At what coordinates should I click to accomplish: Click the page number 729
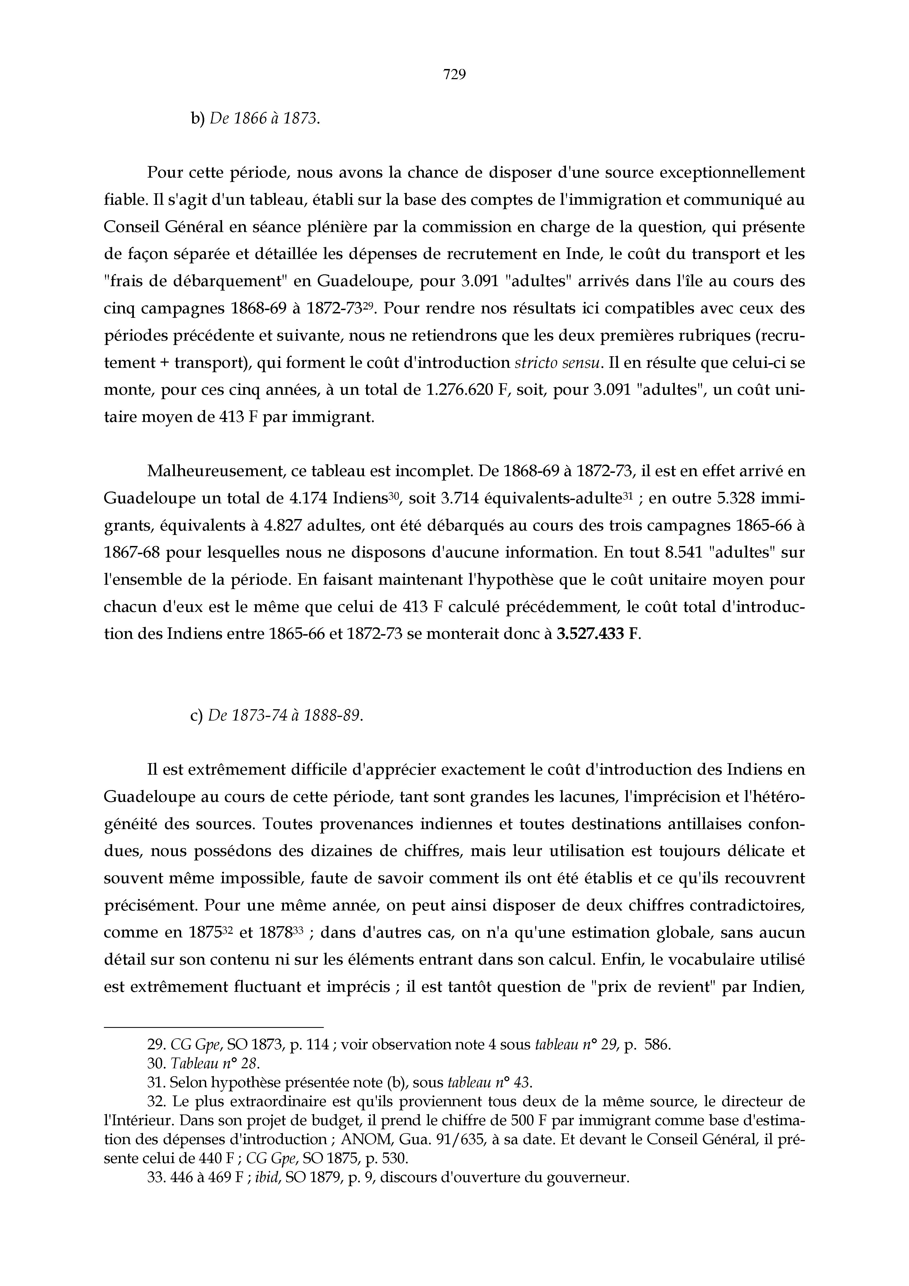click(454, 74)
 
